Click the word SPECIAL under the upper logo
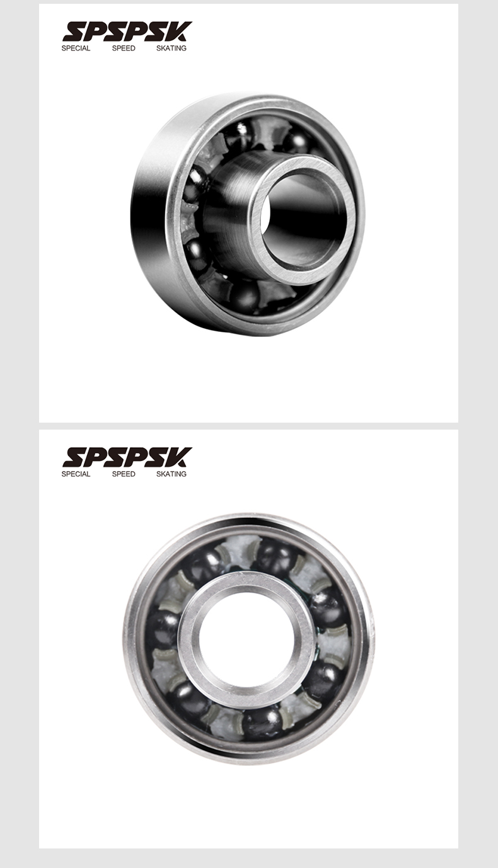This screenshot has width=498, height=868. pos(76,48)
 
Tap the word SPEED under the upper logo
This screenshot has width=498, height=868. pos(124,48)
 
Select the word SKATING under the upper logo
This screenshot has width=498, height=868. pos(171,48)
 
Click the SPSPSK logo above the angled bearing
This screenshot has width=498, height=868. pos(127,31)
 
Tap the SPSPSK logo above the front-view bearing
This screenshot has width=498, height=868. pos(127,457)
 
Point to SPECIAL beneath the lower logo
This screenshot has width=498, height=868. pos(76,474)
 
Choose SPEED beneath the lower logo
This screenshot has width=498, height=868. pos(124,474)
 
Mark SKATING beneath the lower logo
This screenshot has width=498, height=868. pos(171,474)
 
